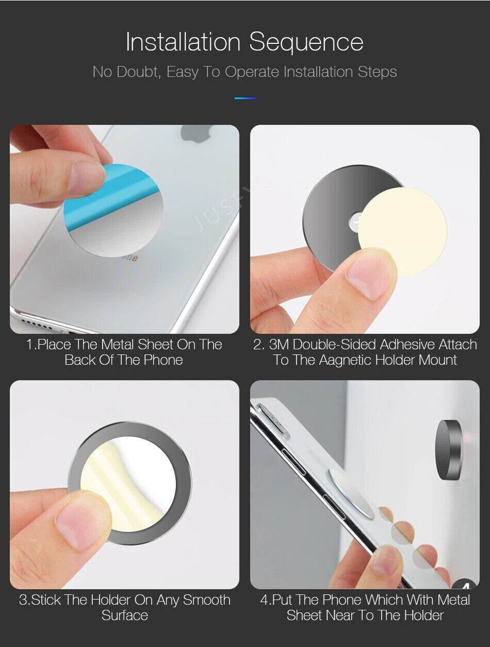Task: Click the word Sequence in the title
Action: pos(306,43)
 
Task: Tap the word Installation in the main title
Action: pos(183,42)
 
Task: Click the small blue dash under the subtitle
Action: pos(245,98)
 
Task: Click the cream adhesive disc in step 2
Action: pos(403,232)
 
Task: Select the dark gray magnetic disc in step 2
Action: pos(339,212)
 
